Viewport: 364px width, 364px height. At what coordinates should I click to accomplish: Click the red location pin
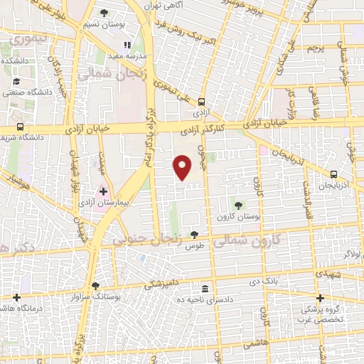pyautogui.click(x=183, y=166)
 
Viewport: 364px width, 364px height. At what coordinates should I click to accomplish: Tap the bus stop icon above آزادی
pyautogui.click(x=202, y=102)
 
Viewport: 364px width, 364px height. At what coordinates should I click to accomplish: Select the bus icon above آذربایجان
pyautogui.click(x=334, y=174)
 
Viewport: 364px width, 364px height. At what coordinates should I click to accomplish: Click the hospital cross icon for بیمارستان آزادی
pyautogui.click(x=103, y=191)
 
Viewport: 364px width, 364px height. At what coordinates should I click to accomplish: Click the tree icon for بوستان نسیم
pyautogui.click(x=105, y=13)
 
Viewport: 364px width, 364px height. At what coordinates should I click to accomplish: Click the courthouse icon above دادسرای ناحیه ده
pyautogui.click(x=205, y=289)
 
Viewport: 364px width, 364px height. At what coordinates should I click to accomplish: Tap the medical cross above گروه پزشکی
pyautogui.click(x=320, y=299)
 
